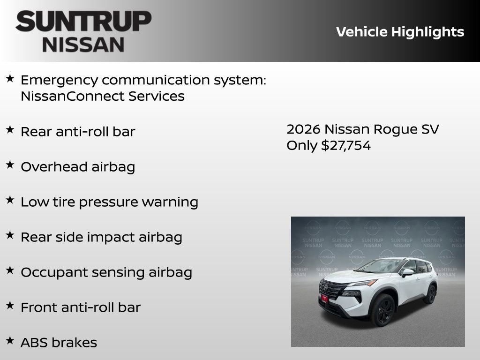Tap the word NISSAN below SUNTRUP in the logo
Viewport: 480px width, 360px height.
coord(83,45)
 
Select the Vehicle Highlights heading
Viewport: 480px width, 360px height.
coord(400,32)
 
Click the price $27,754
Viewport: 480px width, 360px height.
coord(346,145)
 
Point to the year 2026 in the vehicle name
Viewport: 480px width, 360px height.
coord(303,129)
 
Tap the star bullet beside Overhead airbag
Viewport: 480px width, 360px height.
coord(10,165)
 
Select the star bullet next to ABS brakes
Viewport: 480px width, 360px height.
coord(10,340)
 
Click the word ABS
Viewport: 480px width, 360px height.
coord(34,343)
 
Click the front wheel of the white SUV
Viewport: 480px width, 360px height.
coord(383,310)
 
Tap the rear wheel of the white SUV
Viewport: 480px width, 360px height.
coord(430,294)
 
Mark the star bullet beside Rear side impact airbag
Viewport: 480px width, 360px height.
coord(10,235)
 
